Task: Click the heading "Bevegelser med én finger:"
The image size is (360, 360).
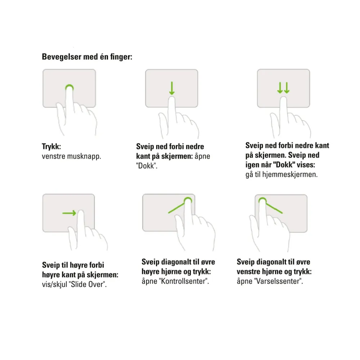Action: (x=87, y=57)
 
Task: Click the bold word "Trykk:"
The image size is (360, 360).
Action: (x=51, y=147)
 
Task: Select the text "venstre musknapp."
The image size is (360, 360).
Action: (x=71, y=156)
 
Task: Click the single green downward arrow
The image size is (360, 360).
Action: (x=172, y=88)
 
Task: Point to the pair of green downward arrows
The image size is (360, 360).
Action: (x=283, y=88)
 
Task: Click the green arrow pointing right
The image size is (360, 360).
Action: (x=69, y=213)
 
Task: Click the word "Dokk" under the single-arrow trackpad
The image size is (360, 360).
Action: (x=146, y=166)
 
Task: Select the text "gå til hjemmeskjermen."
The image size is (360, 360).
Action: (x=282, y=175)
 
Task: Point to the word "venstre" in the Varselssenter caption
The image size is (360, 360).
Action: (x=248, y=271)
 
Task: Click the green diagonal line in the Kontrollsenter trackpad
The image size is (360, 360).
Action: (x=177, y=208)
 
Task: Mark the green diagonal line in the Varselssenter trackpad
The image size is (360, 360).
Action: (x=274, y=208)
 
